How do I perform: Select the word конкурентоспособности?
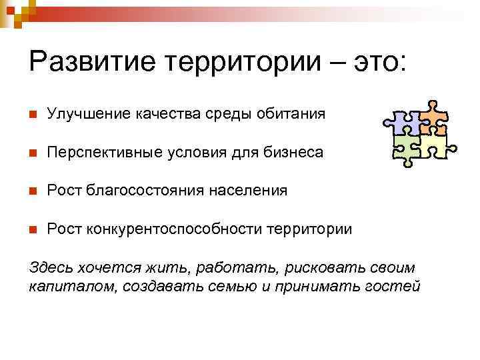click(173, 229)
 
